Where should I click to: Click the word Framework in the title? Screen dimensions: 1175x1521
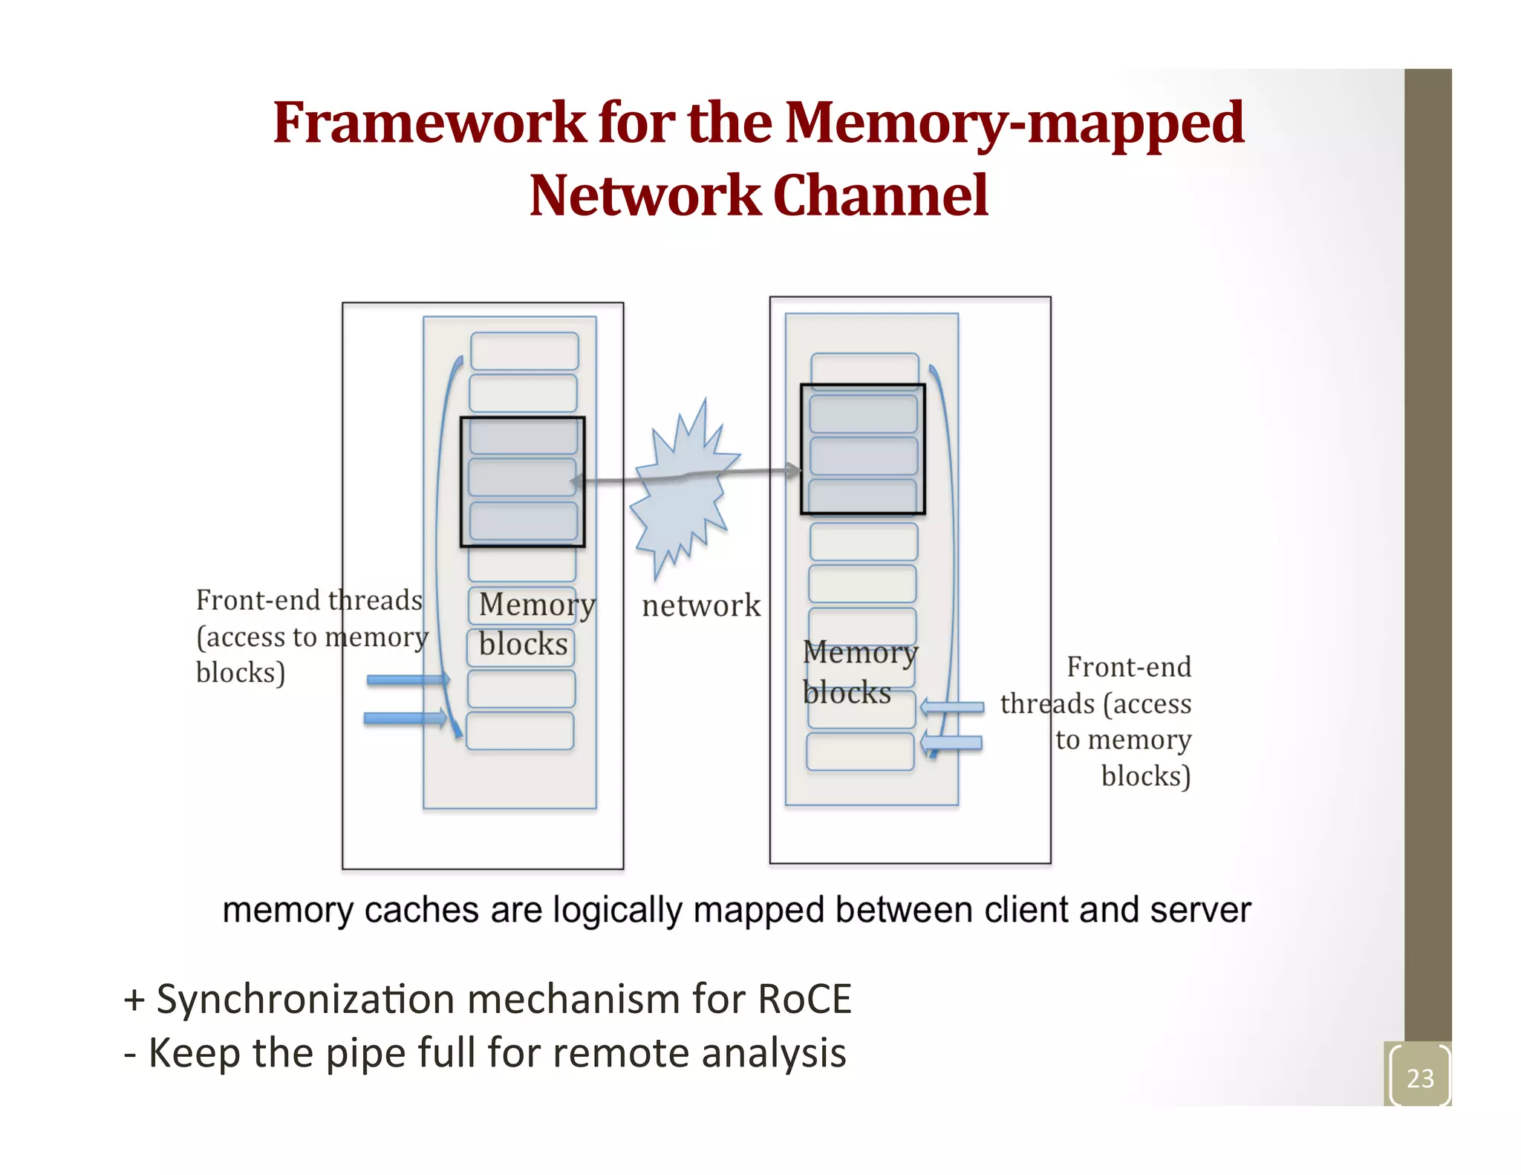coord(429,123)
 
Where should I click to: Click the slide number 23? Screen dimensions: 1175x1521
coord(1419,1078)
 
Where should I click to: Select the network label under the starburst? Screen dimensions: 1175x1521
coord(701,605)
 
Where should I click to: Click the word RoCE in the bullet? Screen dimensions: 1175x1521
coord(804,999)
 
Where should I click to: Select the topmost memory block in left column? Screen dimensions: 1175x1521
coord(524,351)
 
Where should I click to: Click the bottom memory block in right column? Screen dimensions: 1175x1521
coord(860,752)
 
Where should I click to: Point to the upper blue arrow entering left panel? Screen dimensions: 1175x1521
coord(407,680)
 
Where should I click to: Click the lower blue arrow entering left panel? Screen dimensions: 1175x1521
coord(405,718)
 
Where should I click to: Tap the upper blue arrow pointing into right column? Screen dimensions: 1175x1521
coord(954,707)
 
